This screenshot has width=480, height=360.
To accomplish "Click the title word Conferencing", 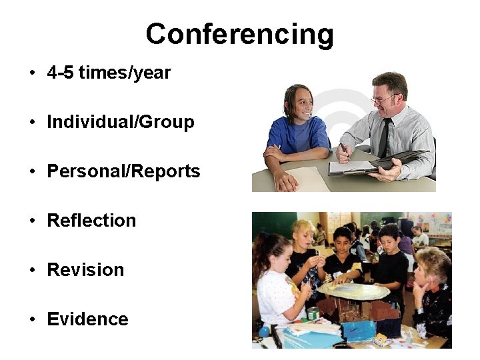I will (x=239, y=35).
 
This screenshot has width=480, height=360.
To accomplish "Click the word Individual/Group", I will (x=121, y=123).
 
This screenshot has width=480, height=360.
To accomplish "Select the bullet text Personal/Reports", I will (x=123, y=172).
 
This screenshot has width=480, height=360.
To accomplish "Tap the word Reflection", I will (x=91, y=221).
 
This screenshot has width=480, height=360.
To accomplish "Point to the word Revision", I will (x=85, y=270).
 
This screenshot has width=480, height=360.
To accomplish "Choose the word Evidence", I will (x=87, y=319).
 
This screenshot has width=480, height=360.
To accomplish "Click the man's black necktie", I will (x=385, y=137).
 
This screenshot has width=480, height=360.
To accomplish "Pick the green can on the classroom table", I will (x=312, y=313).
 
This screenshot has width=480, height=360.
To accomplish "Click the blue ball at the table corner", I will (x=265, y=331).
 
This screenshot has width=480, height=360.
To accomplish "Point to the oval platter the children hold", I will (x=353, y=291).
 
